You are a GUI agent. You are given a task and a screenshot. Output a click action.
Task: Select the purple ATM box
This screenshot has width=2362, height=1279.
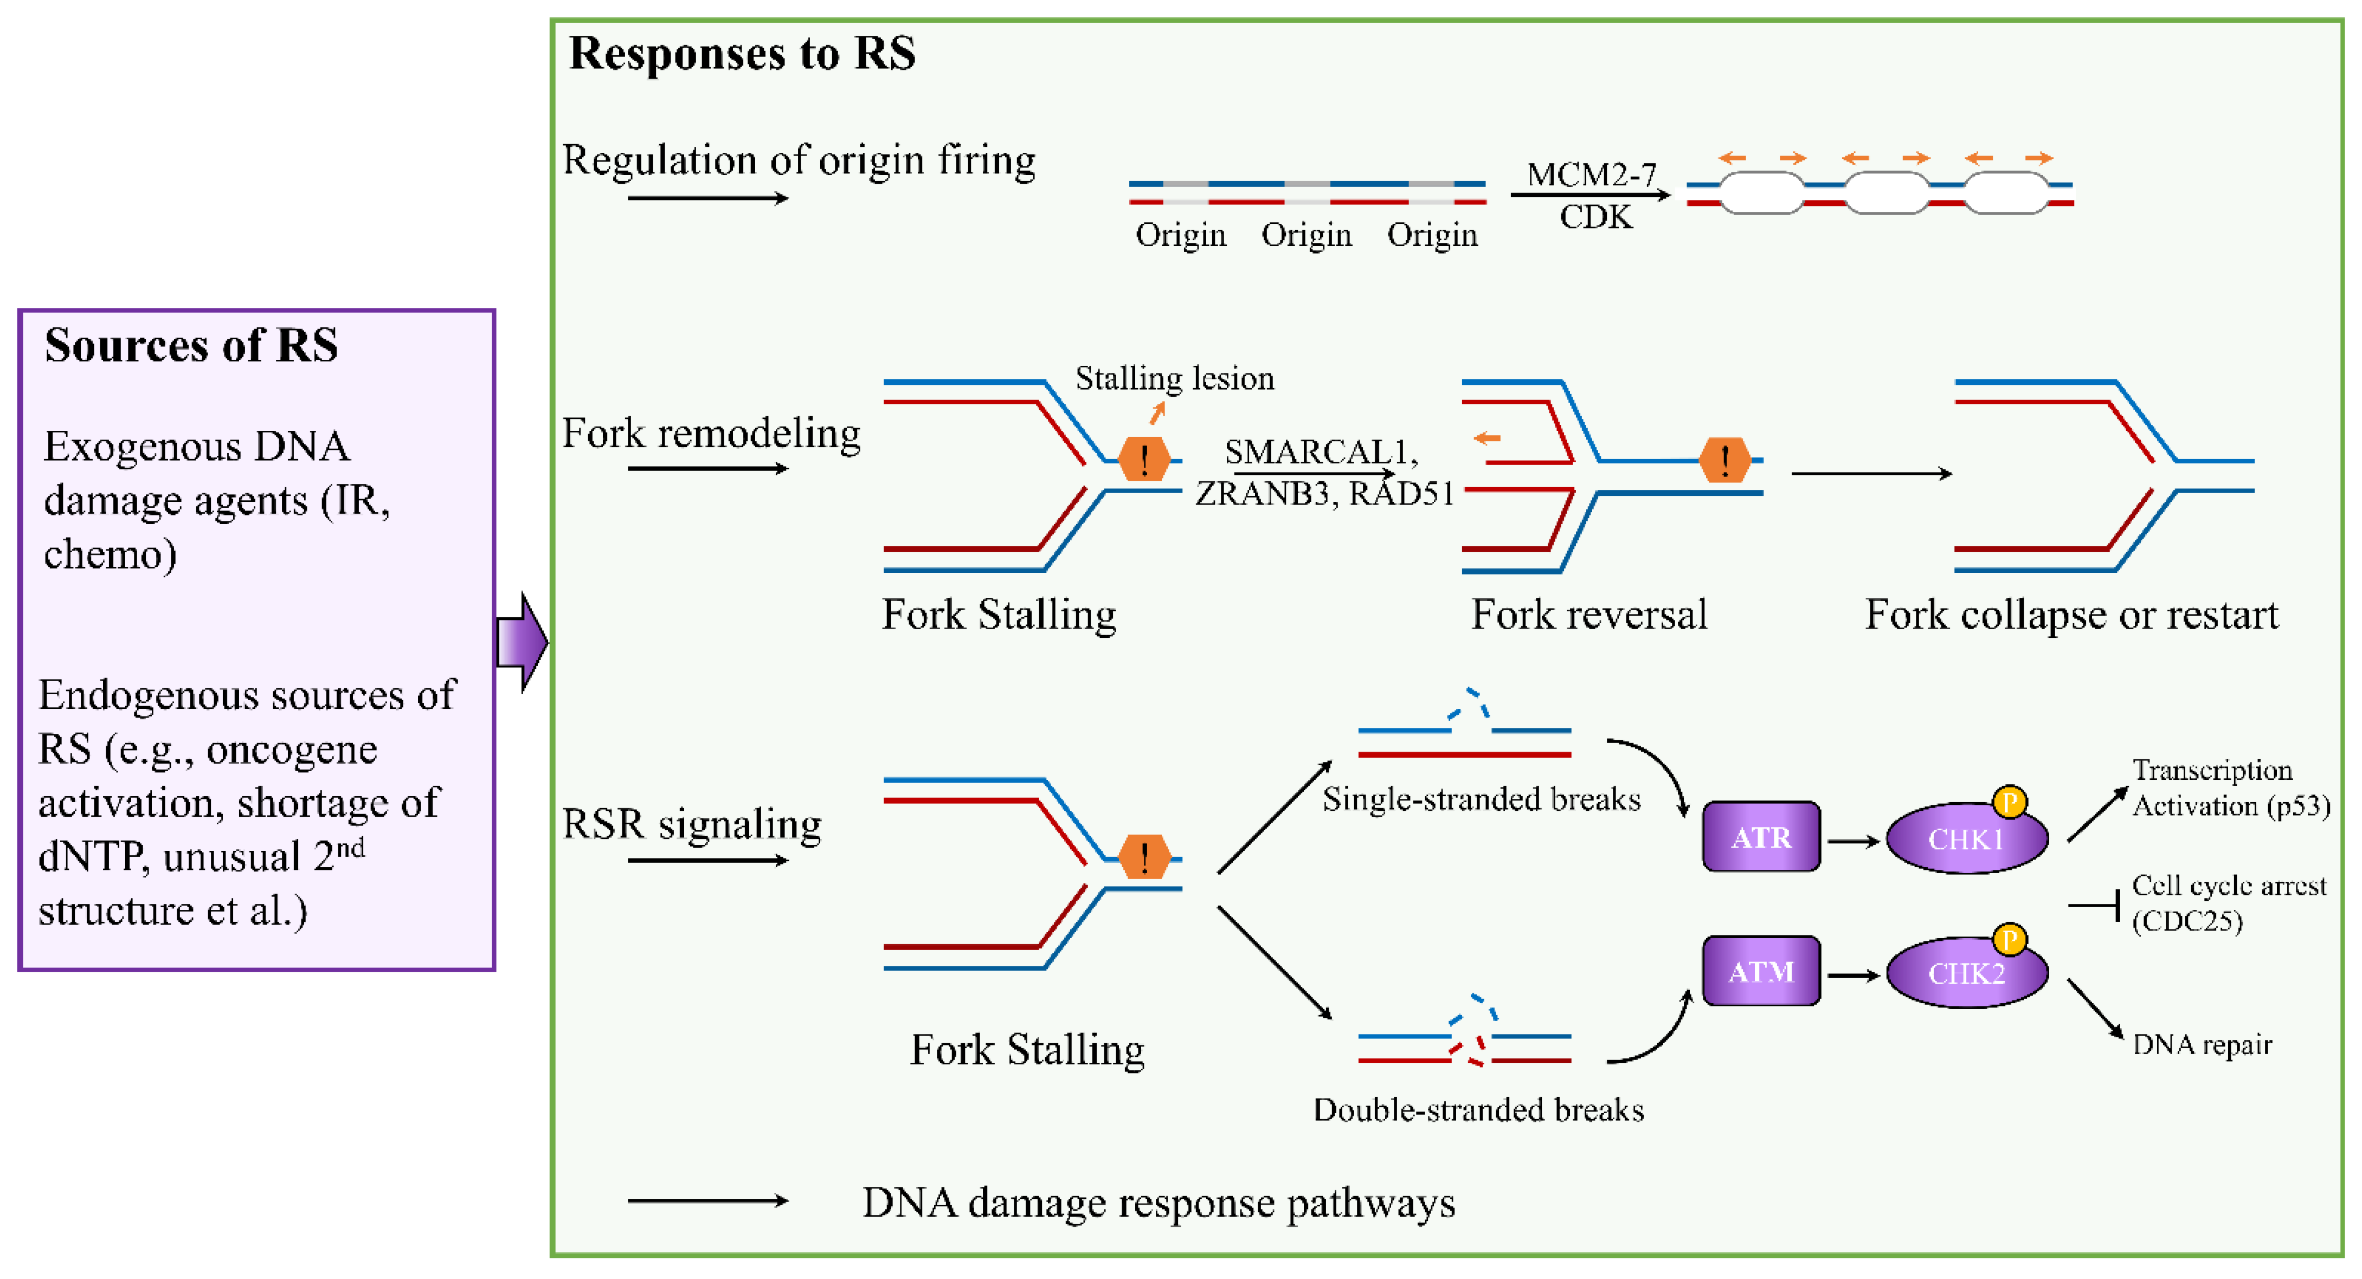click(1760, 971)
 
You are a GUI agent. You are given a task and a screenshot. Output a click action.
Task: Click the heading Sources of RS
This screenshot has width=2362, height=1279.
click(191, 346)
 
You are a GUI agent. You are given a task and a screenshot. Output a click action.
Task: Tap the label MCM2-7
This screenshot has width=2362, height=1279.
click(1591, 173)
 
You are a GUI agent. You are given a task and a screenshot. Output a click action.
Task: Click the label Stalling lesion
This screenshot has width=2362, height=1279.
click(1175, 378)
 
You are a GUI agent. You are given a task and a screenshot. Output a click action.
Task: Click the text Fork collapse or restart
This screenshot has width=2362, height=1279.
click(2071, 614)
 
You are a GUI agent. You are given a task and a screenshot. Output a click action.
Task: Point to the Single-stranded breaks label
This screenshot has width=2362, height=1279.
click(1481, 799)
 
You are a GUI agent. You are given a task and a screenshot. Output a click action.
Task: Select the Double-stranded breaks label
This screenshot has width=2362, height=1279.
click(1478, 1109)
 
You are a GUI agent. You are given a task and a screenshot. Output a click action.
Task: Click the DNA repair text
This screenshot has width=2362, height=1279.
click(2202, 1044)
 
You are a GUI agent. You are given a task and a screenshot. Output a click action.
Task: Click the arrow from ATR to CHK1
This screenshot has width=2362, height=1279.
click(1853, 841)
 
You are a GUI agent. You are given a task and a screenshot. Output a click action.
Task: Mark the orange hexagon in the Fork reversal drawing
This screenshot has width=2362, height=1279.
click(1724, 460)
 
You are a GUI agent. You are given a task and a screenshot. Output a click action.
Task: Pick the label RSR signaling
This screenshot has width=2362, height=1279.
click(691, 823)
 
